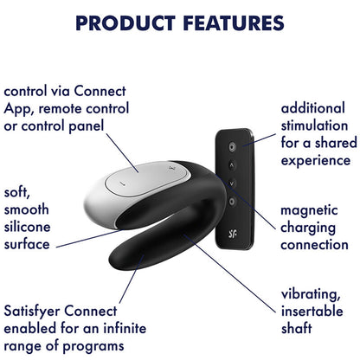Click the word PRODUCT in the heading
pyautogui.click(x=125, y=23)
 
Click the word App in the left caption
pyautogui.click(x=17, y=109)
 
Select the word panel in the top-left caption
pyautogui.click(x=85, y=126)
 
